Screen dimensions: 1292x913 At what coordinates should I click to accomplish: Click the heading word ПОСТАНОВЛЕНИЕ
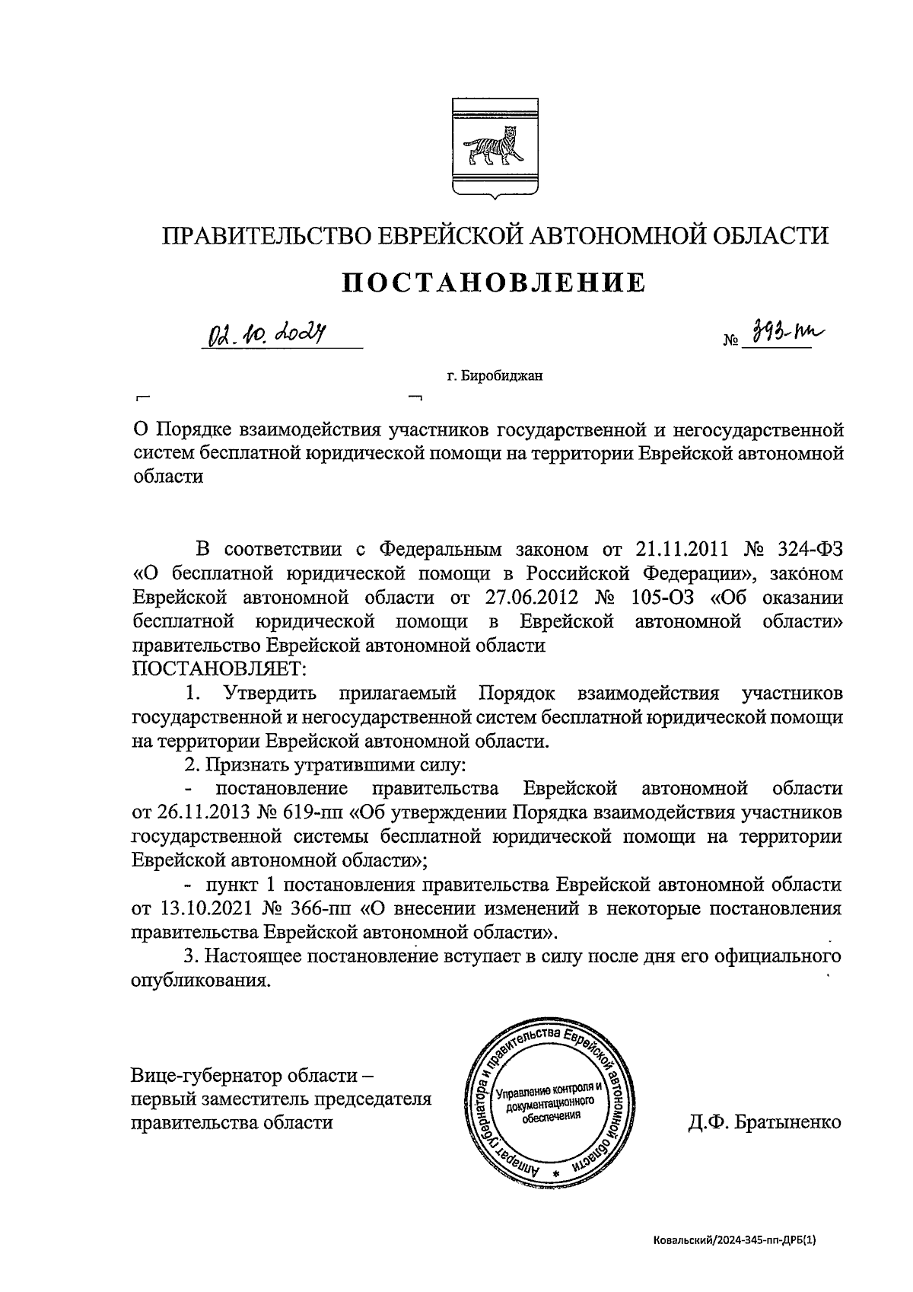[494, 282]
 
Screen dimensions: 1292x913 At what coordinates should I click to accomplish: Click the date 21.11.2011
[682, 549]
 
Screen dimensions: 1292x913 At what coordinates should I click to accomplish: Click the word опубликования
[201, 981]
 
